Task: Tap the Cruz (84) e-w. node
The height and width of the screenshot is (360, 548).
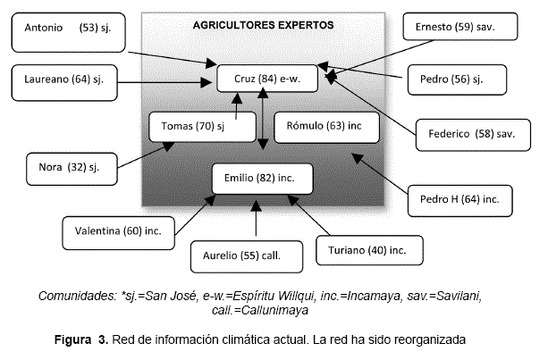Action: [267, 79]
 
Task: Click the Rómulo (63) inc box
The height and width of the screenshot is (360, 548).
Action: [326, 126]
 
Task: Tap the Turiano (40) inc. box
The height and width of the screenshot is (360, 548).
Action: [367, 249]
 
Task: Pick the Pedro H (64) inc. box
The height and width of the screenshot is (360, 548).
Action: [459, 198]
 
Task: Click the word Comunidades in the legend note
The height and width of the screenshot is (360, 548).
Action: [77, 296]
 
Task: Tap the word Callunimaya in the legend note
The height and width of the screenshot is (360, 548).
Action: [272, 310]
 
